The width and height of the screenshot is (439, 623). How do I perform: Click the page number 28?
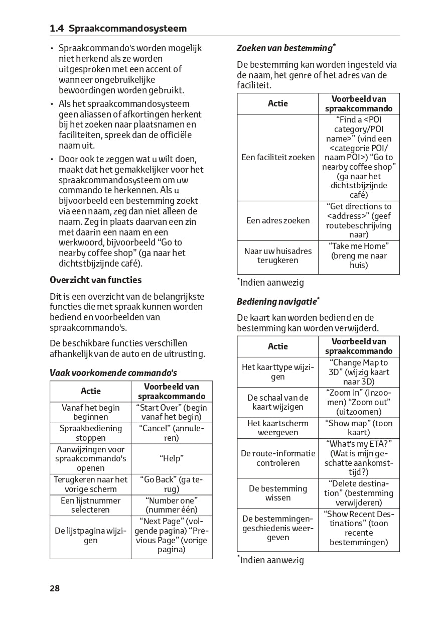coord(55,588)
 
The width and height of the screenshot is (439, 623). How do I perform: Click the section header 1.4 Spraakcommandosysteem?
coord(118,29)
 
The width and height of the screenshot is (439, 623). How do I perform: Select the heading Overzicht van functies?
coord(96,280)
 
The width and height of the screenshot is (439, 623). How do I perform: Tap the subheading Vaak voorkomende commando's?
coord(113,372)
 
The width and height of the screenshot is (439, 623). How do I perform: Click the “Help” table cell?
coord(172,458)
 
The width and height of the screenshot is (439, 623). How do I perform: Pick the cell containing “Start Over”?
coord(172,412)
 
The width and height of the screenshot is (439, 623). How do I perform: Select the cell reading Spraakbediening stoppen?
coord(91,433)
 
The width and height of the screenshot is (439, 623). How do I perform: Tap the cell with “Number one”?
coord(172,505)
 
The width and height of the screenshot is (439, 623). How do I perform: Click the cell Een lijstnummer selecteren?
coord(91,505)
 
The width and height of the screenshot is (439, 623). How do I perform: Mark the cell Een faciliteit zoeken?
coord(278,157)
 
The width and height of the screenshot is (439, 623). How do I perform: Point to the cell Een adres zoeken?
coord(278,220)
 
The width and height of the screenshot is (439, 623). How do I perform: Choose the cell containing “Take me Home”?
coord(359,256)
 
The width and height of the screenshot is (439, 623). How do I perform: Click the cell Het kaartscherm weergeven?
coord(278,428)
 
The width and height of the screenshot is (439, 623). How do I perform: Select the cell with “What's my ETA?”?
coord(359,458)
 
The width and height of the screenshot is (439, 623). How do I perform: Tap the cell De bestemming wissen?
coord(278,493)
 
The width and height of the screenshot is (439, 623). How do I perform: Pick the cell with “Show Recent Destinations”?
coord(359,528)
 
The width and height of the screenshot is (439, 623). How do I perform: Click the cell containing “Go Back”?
coord(172,484)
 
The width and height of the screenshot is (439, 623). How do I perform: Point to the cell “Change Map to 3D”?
coord(359,372)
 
